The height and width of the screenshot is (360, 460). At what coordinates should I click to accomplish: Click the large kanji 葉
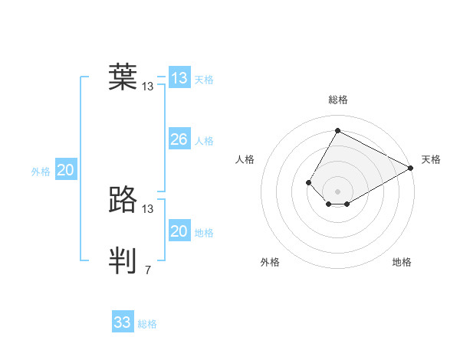click(123, 77)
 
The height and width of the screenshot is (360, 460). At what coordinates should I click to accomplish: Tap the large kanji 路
click(123, 199)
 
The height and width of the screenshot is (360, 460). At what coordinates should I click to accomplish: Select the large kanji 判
click(123, 260)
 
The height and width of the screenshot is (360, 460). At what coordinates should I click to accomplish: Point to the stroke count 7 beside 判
click(148, 270)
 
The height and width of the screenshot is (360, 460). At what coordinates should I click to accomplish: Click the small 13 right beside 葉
click(148, 87)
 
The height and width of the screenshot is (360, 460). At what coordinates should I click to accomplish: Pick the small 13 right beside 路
click(148, 208)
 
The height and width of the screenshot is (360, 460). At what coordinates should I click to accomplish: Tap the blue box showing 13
click(179, 78)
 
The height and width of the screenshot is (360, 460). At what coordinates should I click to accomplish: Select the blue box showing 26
click(179, 139)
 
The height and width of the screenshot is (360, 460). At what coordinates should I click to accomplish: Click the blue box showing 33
click(123, 322)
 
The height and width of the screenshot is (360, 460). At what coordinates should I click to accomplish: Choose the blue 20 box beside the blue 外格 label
click(66, 171)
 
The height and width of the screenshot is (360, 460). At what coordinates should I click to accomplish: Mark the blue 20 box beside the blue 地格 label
click(179, 231)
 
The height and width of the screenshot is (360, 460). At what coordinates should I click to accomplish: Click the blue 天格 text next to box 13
click(204, 80)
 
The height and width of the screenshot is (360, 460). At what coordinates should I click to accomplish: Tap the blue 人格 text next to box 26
click(204, 141)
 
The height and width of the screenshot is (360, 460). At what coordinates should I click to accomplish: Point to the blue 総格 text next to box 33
click(147, 324)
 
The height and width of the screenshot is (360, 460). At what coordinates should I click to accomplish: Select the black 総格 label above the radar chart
click(337, 100)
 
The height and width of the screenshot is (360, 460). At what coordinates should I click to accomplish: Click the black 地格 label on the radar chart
click(402, 263)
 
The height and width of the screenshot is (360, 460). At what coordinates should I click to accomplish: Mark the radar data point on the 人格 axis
click(308, 182)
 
